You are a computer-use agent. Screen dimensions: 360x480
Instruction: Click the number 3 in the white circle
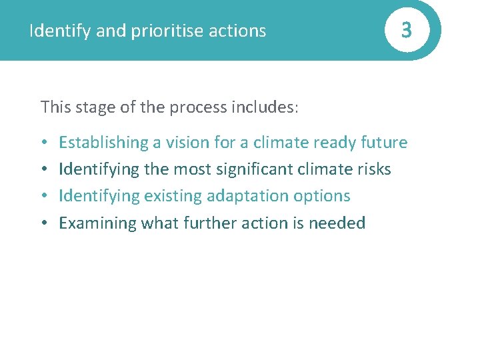406,31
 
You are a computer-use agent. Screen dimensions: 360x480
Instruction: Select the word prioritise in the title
171,31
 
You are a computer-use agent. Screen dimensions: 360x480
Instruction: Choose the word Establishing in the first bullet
103,143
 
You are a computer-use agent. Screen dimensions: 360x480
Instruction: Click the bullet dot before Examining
43,223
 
